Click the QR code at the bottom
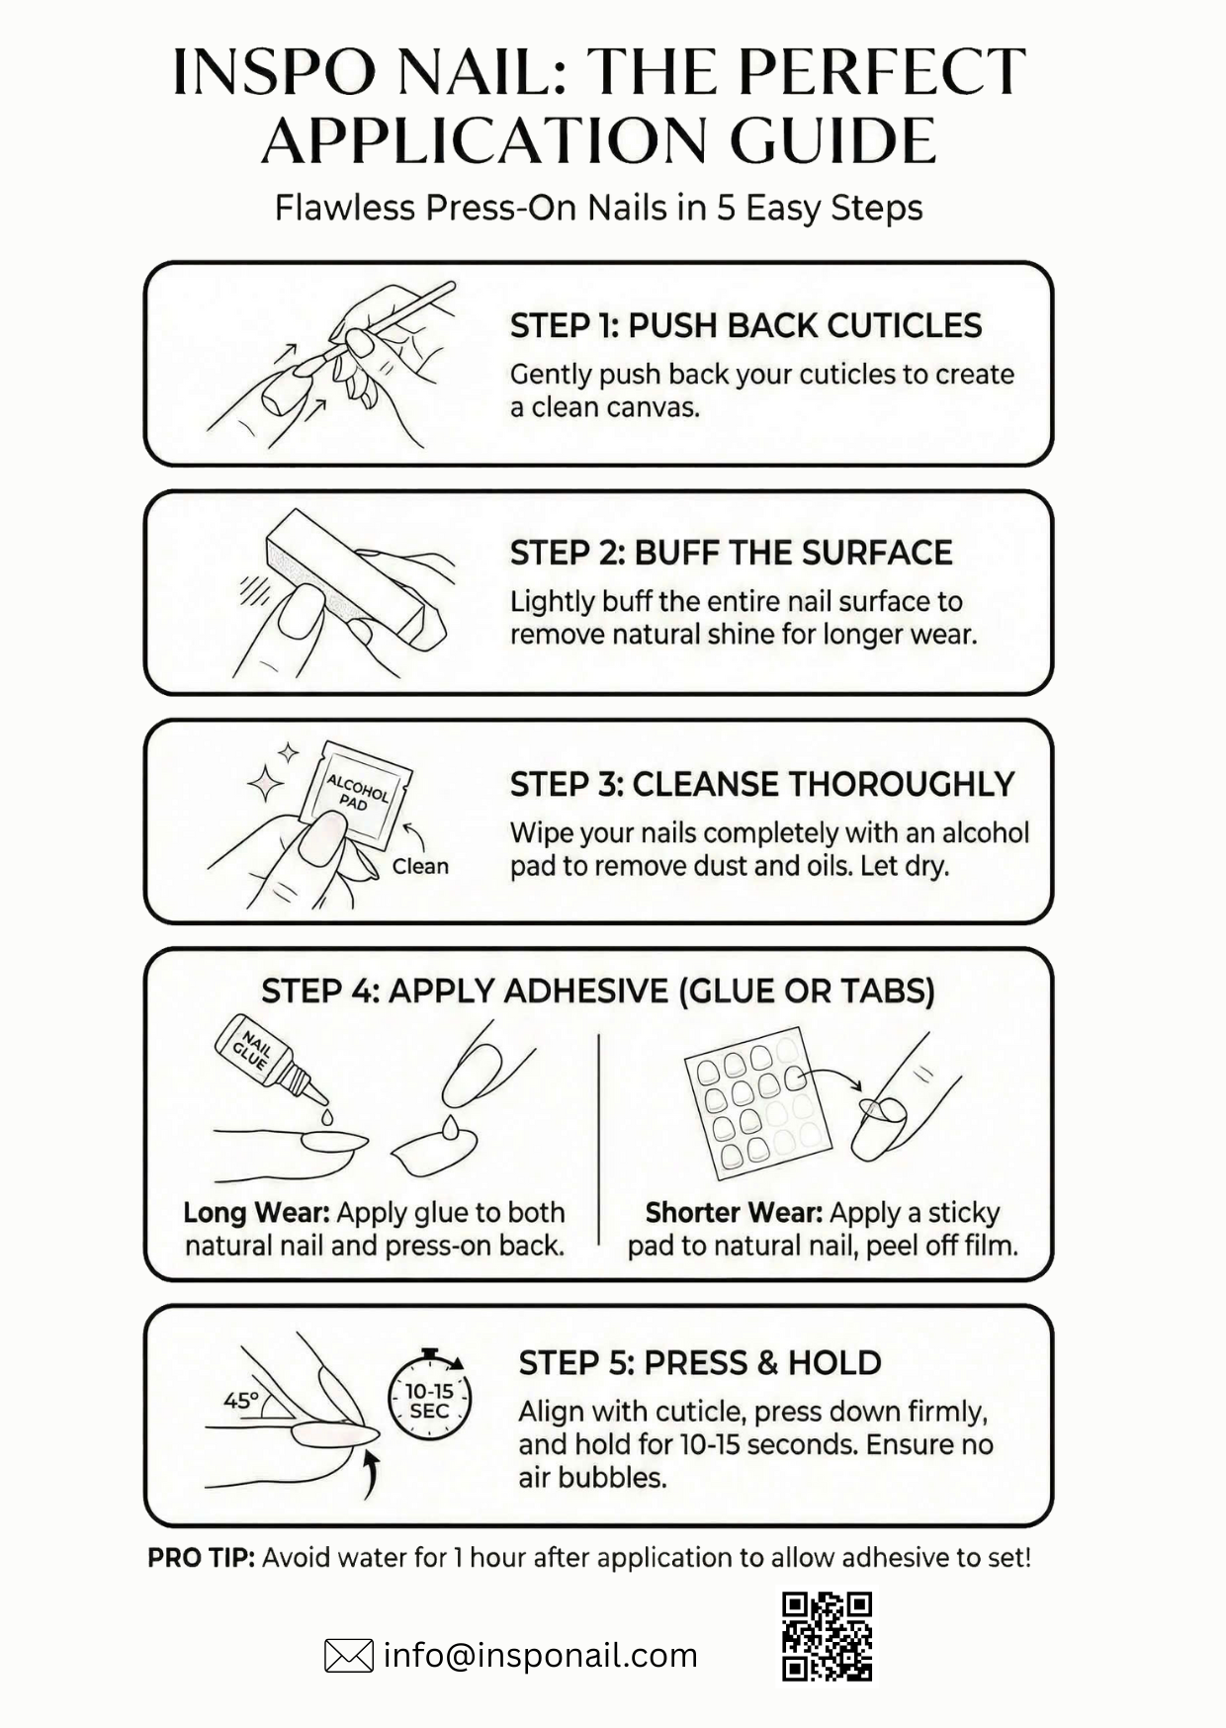(827, 1636)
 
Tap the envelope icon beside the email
(349, 1656)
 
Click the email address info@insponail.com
(540, 1655)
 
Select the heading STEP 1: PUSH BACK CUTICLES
(745, 325)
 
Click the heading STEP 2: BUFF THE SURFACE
(731, 553)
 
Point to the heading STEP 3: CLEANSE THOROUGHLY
(762, 784)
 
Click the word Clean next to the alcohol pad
(420, 866)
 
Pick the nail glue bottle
(270, 1061)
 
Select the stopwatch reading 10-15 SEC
(429, 1396)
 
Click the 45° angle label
(240, 1400)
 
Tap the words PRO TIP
(201, 1558)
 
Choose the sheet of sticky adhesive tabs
(758, 1103)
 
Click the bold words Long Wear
(256, 1212)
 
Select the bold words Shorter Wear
(734, 1212)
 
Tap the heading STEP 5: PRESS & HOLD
(700, 1362)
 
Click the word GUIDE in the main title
(832, 140)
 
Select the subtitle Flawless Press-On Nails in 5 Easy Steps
(598, 208)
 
